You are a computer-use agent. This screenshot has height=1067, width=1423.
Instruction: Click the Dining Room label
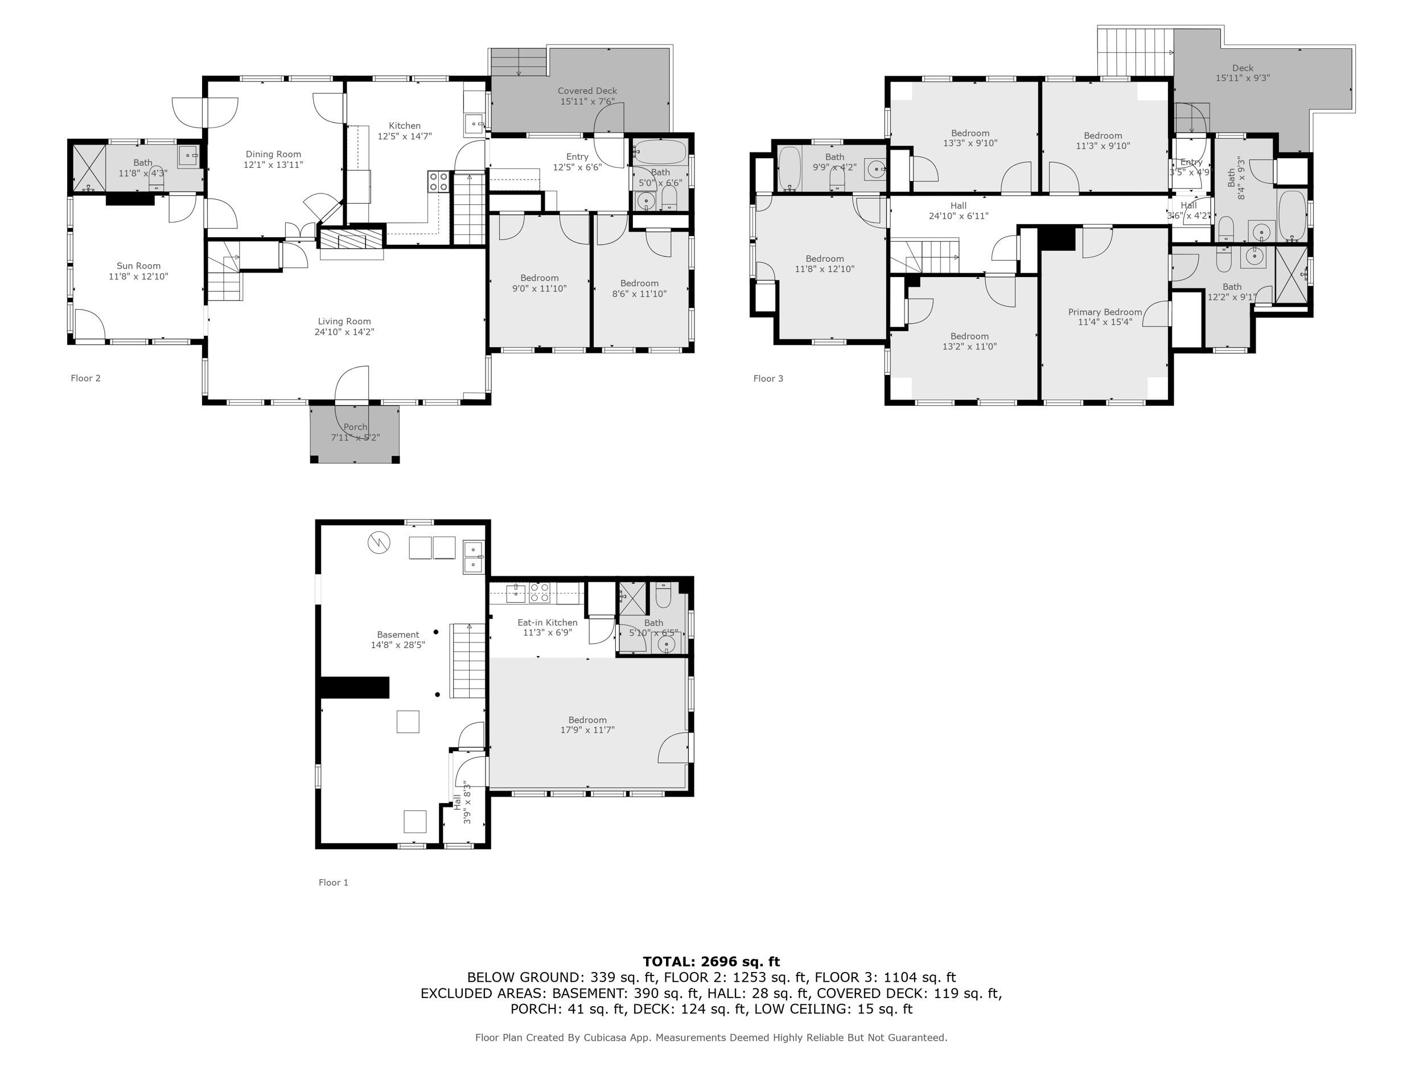coord(273,154)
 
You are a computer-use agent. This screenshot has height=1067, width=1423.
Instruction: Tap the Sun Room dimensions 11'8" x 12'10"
coord(138,277)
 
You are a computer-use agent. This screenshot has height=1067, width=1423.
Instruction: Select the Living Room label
coord(344,322)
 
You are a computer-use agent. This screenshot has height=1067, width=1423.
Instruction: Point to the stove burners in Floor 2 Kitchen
coord(439,182)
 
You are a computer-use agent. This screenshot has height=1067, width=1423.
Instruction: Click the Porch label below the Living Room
coord(355,427)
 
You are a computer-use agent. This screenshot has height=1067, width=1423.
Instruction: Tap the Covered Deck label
coord(587,91)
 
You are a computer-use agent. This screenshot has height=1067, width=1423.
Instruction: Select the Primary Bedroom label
coord(1105,312)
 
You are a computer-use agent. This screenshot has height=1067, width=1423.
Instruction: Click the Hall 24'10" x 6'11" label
coord(959,206)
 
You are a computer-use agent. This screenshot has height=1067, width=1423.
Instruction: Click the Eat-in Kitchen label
coord(548,623)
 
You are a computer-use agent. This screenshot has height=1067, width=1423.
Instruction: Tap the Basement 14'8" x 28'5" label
coord(397,635)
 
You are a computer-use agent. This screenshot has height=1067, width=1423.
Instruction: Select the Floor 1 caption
coord(333,883)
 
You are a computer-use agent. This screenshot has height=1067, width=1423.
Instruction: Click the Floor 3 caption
coord(768,378)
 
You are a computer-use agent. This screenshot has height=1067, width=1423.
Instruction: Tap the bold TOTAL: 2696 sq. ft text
coord(711,962)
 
